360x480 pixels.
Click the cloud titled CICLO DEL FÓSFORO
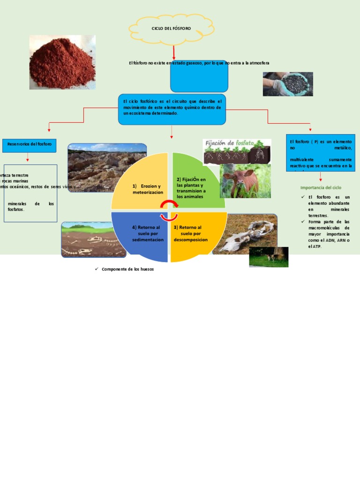(x=171, y=29)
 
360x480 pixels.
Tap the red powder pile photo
(x=62, y=62)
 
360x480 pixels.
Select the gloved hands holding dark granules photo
(x=287, y=84)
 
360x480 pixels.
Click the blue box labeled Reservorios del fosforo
(x=30, y=145)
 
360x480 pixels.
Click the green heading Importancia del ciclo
(x=321, y=187)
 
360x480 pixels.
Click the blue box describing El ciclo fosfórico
(x=172, y=109)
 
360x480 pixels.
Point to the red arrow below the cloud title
(x=174, y=52)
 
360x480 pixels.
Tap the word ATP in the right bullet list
(x=317, y=246)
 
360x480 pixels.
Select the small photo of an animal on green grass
(x=269, y=257)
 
